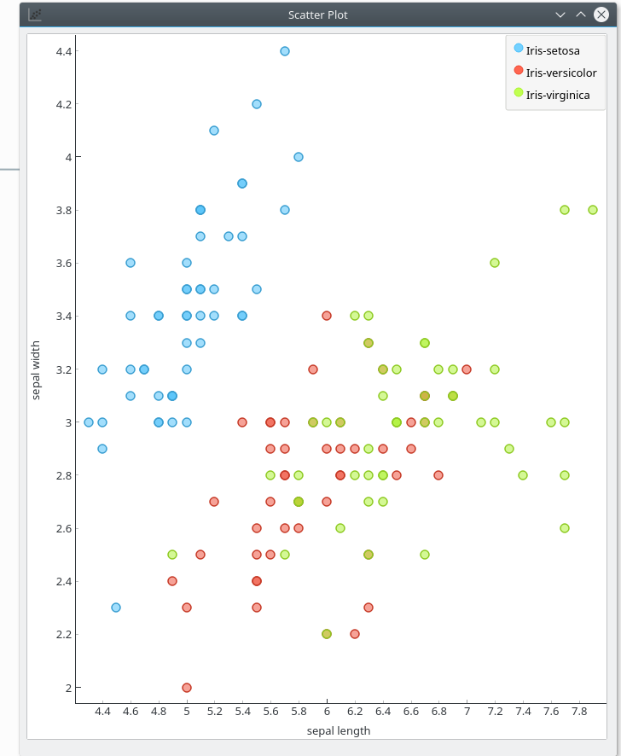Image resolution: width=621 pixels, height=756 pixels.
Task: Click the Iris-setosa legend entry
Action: pyautogui.click(x=553, y=50)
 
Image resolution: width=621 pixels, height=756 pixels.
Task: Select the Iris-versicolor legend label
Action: pyautogui.click(x=561, y=73)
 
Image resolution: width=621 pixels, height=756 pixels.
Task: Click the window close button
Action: pyautogui.click(x=601, y=15)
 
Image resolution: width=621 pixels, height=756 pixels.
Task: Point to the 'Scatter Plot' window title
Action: pyautogui.click(x=318, y=15)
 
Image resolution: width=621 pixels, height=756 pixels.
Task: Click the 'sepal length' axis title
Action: pyautogui.click(x=339, y=730)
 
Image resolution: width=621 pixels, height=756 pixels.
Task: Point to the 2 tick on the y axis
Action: pyautogui.click(x=65, y=687)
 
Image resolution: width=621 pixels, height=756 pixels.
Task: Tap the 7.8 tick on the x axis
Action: pyautogui.click(x=579, y=711)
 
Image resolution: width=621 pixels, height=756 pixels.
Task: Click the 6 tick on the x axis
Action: pyautogui.click(x=327, y=711)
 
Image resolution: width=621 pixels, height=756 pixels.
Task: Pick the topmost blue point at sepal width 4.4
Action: pyautogui.click(x=285, y=51)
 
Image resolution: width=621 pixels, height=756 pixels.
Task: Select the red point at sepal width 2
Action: pyautogui.click(x=187, y=687)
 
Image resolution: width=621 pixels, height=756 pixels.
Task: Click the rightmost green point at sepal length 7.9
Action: pyautogui.click(x=593, y=210)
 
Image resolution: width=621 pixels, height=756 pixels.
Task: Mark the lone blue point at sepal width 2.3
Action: pyautogui.click(x=116, y=608)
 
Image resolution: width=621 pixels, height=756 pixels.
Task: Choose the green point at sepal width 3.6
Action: pyautogui.click(x=495, y=263)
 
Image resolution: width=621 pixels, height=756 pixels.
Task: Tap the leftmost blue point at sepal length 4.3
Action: pyautogui.click(x=89, y=422)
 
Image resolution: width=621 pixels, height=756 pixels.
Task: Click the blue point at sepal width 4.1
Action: pyautogui.click(x=214, y=131)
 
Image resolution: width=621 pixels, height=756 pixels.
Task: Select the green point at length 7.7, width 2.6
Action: pyautogui.click(x=565, y=528)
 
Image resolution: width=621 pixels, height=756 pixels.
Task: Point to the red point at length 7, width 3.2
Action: pyautogui.click(x=467, y=369)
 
